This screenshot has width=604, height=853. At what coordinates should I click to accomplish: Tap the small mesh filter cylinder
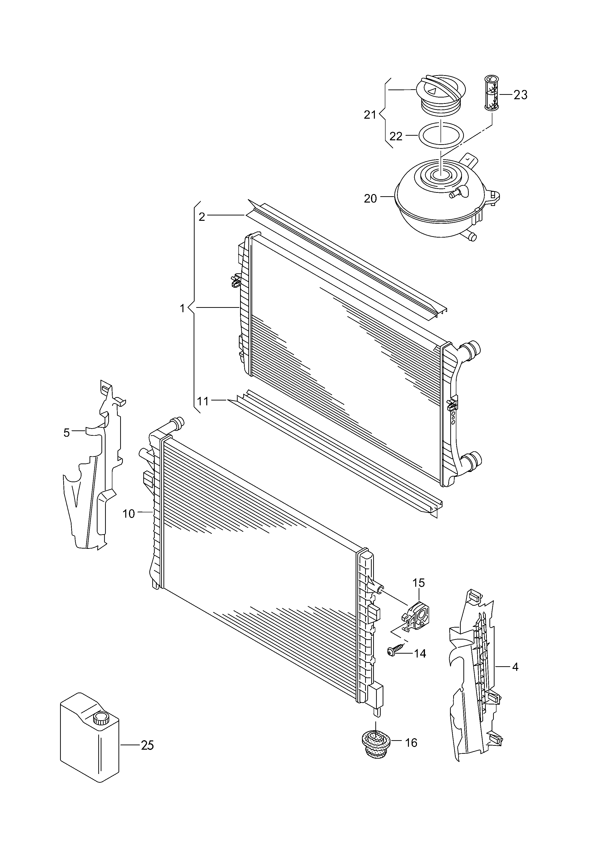(492, 93)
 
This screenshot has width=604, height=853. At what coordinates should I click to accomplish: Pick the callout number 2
(202, 217)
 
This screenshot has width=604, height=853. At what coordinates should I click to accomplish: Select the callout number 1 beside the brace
(182, 309)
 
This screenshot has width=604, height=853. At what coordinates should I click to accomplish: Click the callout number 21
(370, 115)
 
